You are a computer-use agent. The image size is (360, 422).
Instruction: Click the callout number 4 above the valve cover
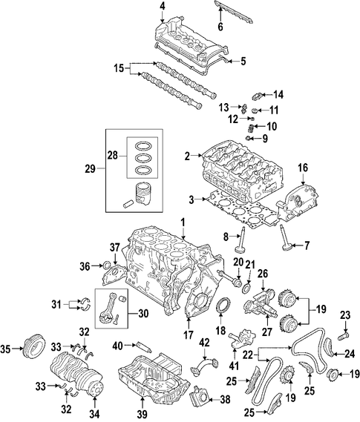pyautogui.click(x=162, y=7)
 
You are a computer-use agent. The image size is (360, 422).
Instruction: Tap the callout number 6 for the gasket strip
pyautogui.click(x=220, y=27)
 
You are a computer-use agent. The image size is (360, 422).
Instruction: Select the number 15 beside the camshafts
pyautogui.click(x=119, y=69)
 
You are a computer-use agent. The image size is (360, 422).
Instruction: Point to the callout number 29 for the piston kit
pyautogui.click(x=91, y=169)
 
